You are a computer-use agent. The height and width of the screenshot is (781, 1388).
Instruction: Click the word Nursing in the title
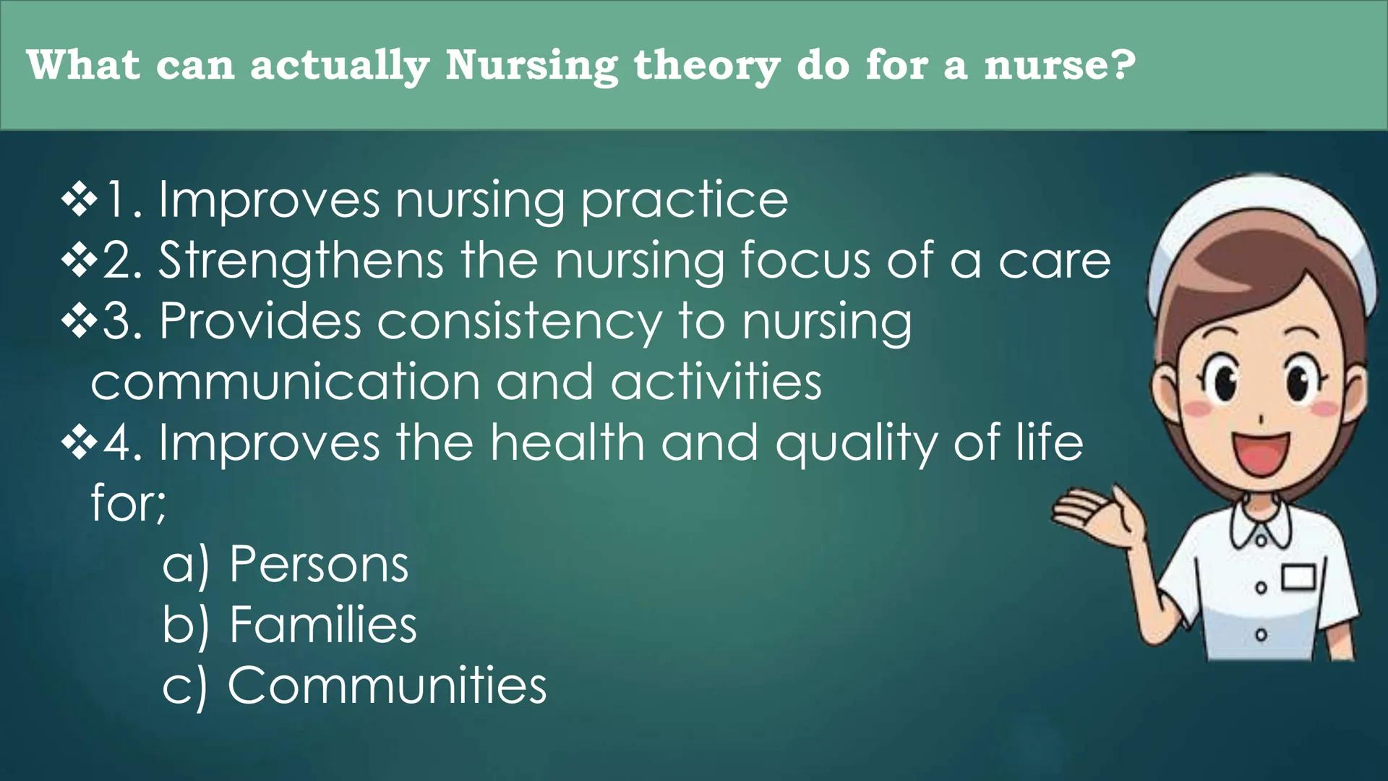[x=531, y=66]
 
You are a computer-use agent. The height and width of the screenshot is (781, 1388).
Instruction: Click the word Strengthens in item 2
[x=301, y=261]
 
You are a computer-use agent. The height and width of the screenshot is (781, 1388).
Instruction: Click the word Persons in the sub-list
[x=319, y=564]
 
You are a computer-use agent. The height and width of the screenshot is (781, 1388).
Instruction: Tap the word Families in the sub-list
[x=322, y=625]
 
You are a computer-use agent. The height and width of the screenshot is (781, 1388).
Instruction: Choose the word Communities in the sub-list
[x=387, y=686]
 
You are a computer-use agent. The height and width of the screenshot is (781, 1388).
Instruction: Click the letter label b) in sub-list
[x=185, y=625]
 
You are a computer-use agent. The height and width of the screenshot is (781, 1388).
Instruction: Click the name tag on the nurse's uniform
[x=1299, y=579]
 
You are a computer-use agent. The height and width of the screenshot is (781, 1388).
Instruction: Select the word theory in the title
[x=706, y=66]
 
